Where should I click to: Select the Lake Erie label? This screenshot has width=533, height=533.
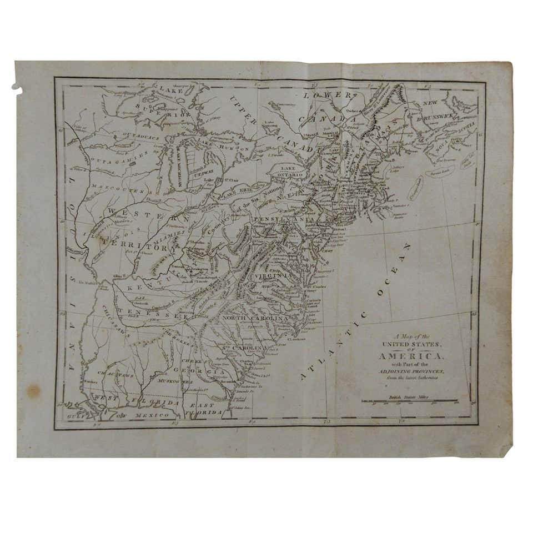(x=239, y=190)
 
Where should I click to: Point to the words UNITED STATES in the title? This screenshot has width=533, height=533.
(x=414, y=344)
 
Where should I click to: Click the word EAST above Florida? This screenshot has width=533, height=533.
(x=204, y=406)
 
